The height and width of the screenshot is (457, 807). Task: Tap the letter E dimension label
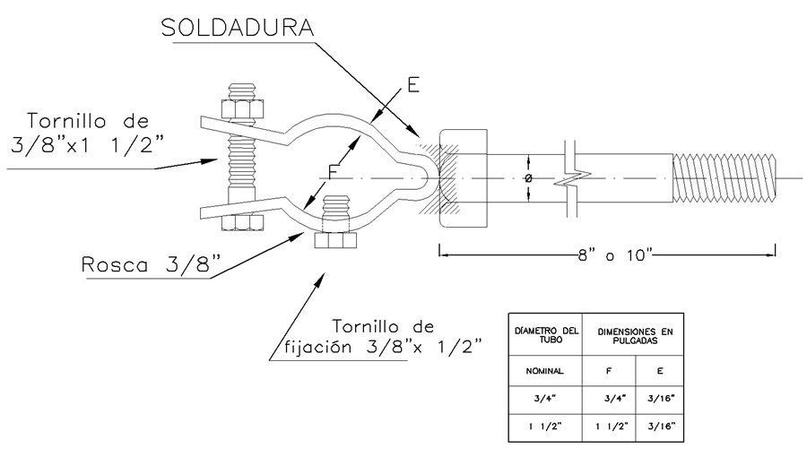tap(412, 85)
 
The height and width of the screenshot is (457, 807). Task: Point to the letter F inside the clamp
tap(333, 169)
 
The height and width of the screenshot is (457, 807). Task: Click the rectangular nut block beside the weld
tap(463, 180)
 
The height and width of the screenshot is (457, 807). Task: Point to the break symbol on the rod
tap(568, 180)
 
